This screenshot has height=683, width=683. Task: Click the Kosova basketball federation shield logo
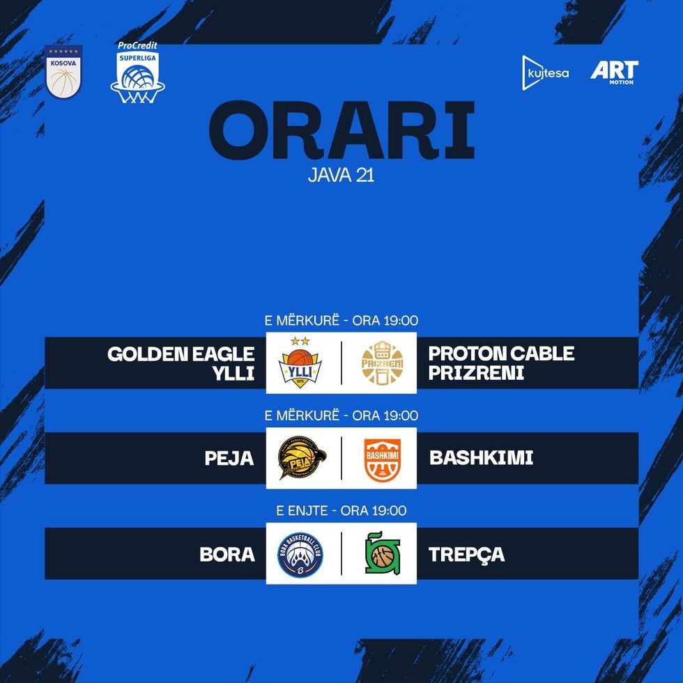[63, 72]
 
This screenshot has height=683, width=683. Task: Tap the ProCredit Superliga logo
[138, 72]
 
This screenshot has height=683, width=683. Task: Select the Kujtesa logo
[545, 72]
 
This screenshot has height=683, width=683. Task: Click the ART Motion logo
[614, 72]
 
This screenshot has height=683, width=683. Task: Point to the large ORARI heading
[341, 130]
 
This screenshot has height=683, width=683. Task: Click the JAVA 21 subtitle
[341, 175]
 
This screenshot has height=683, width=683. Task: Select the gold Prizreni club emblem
[382, 363]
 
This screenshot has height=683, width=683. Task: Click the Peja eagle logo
[302, 458]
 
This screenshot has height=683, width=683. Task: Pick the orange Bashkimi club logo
[382, 460]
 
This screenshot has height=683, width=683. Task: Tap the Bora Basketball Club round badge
[300, 555]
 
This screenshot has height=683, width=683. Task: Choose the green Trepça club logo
[382, 553]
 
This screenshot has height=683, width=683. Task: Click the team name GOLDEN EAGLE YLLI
[181, 363]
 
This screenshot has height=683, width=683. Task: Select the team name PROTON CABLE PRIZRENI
[501, 363]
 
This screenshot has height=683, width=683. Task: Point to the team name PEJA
[229, 459]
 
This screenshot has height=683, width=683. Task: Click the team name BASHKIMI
[482, 458]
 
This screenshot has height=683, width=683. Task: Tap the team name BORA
[227, 555]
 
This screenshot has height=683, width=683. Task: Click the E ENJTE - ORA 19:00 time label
[341, 510]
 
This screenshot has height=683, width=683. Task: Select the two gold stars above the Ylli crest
[300, 341]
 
